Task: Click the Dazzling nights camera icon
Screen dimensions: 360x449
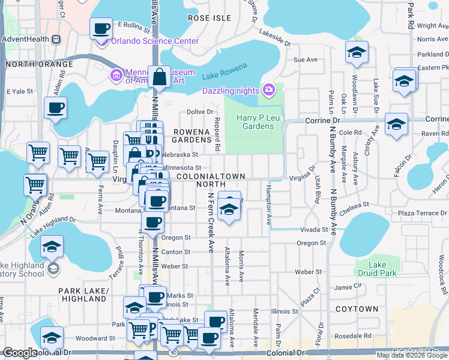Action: click(x=268, y=91)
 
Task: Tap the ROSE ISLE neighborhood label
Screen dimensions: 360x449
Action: click(x=209, y=18)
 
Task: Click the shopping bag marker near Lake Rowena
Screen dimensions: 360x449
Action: click(x=160, y=77)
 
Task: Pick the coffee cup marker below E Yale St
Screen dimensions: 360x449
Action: click(x=56, y=108)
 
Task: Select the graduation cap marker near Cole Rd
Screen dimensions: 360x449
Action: click(x=396, y=124)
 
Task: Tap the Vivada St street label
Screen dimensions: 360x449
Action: click(x=315, y=230)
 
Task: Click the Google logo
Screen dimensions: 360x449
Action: click(x=20, y=353)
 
